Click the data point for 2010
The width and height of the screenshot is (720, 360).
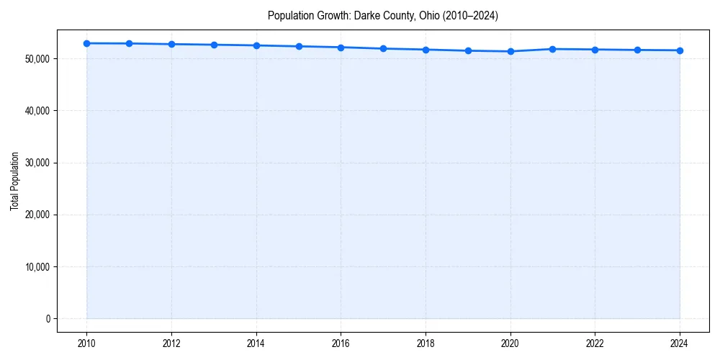point(86,43)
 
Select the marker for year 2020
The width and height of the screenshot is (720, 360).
point(510,51)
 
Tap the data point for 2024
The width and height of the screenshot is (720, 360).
point(680,50)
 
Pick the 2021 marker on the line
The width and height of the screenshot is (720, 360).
point(553,49)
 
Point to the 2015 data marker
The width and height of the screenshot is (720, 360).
point(299,46)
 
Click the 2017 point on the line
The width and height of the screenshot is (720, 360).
point(383,48)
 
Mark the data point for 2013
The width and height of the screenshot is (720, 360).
point(214,45)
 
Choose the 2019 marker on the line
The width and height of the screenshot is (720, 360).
point(468,50)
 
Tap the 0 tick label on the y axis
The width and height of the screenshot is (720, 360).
point(48,319)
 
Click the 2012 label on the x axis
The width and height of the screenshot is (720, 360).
point(171,343)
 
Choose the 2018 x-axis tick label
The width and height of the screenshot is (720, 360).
point(426,343)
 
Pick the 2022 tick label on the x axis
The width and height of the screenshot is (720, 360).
point(595,343)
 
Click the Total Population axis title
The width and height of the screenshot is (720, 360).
point(14,181)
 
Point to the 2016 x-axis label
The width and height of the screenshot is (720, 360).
point(341,343)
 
